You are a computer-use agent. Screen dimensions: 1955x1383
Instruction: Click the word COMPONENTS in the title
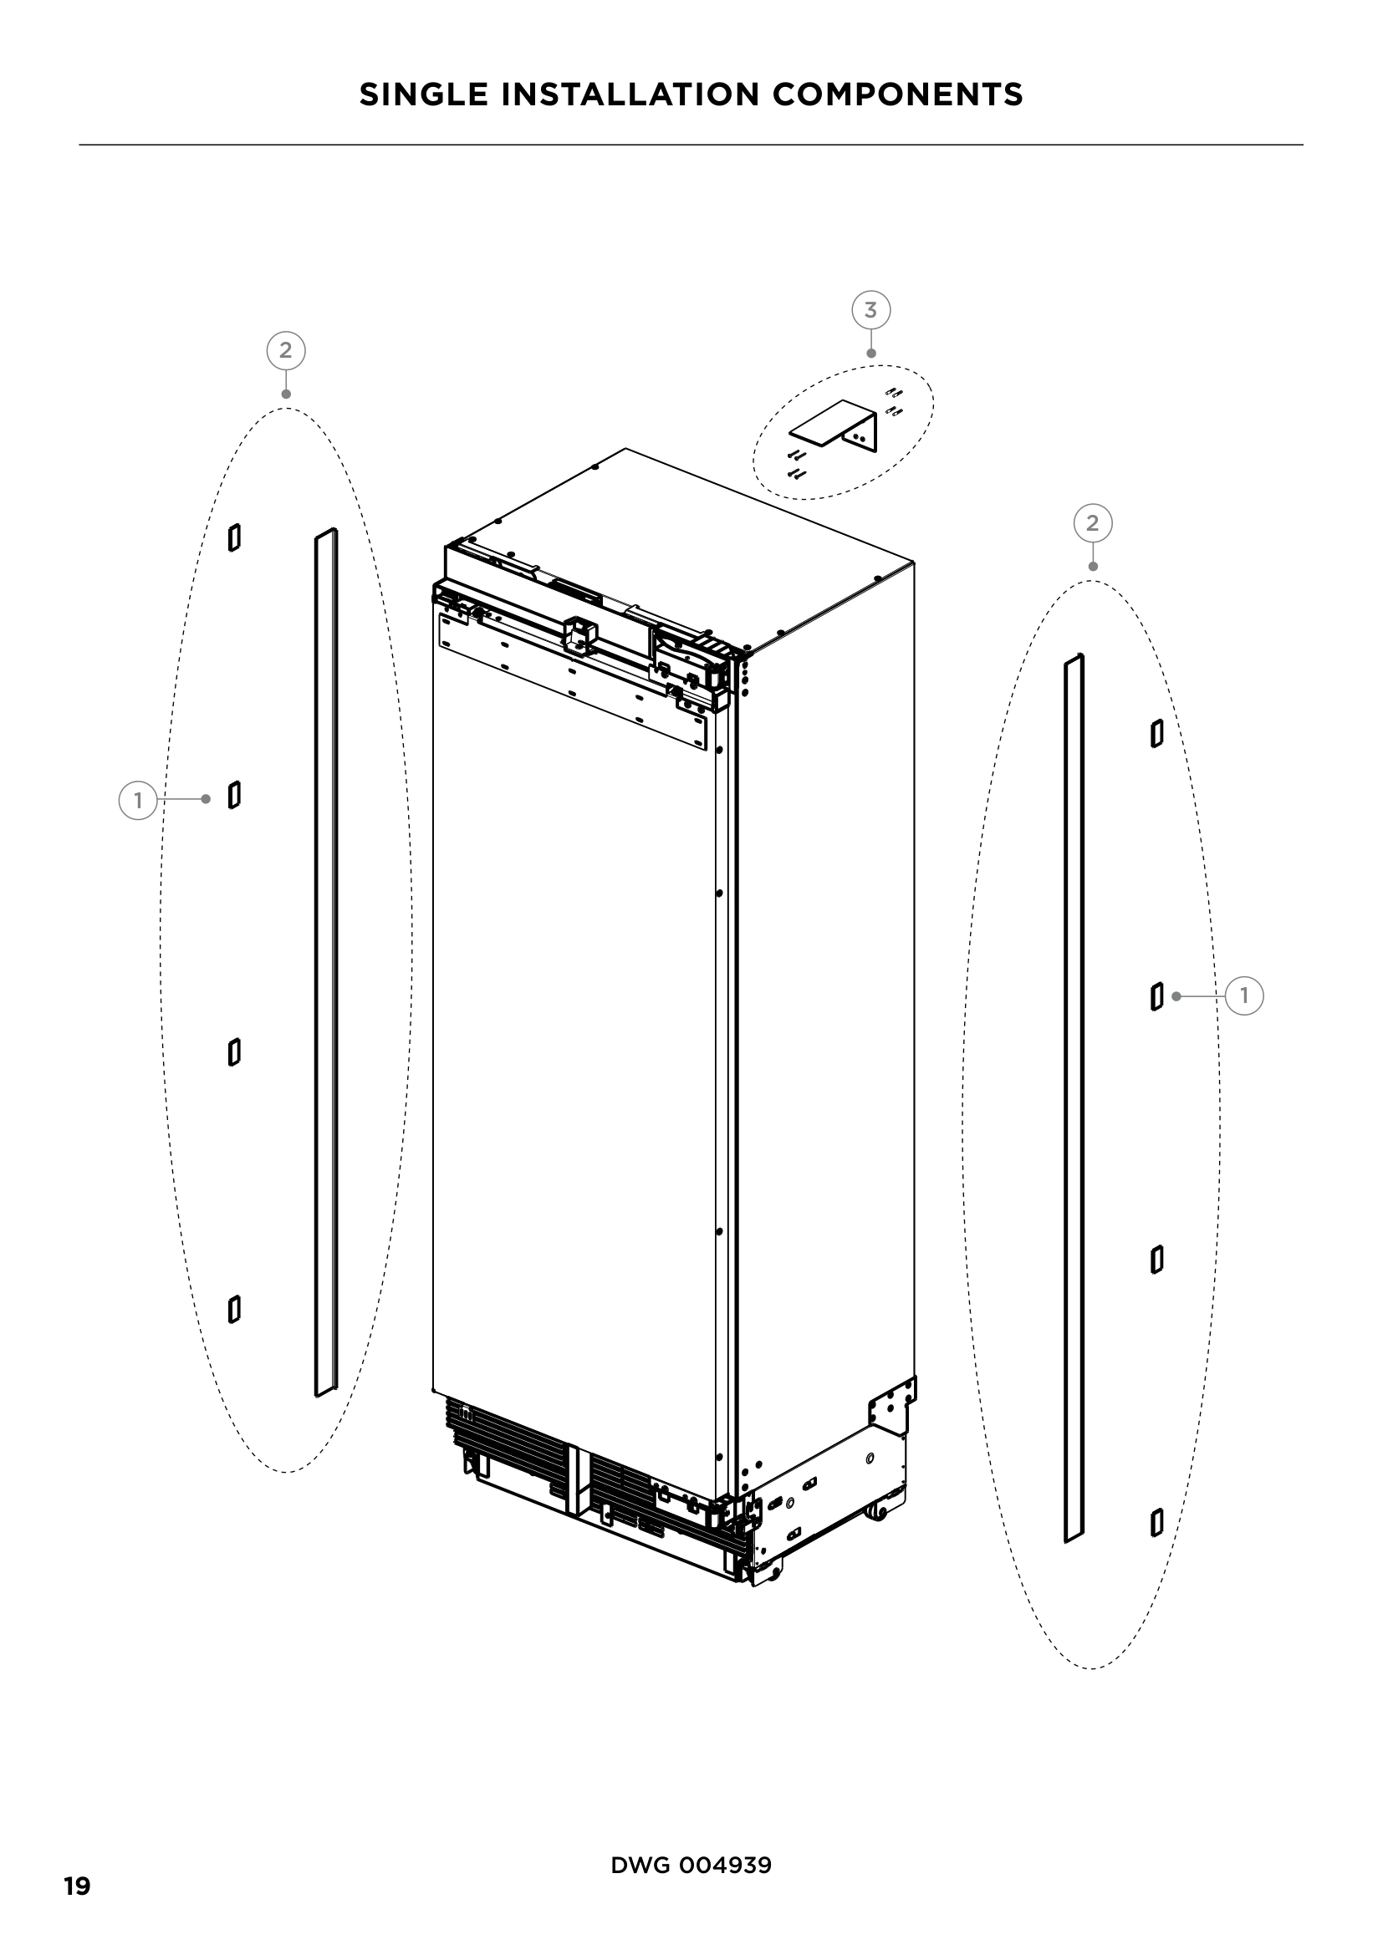897,94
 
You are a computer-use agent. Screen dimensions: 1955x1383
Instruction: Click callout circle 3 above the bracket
870,310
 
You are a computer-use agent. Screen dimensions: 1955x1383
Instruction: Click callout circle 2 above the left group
285,350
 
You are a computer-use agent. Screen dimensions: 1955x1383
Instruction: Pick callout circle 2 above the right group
1093,522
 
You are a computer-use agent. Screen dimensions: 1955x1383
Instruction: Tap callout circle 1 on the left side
137,801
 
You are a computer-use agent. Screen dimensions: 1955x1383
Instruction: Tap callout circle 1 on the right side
1244,995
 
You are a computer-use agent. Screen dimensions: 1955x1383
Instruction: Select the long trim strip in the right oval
1074,1098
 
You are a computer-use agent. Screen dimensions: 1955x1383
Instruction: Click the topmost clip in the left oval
234,537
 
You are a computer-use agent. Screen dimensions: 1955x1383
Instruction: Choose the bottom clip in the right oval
1156,1522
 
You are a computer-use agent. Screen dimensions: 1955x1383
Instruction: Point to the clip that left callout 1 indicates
234,795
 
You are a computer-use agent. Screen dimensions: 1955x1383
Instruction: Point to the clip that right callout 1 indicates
1156,996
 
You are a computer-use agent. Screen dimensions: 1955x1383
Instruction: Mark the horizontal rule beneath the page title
691,145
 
